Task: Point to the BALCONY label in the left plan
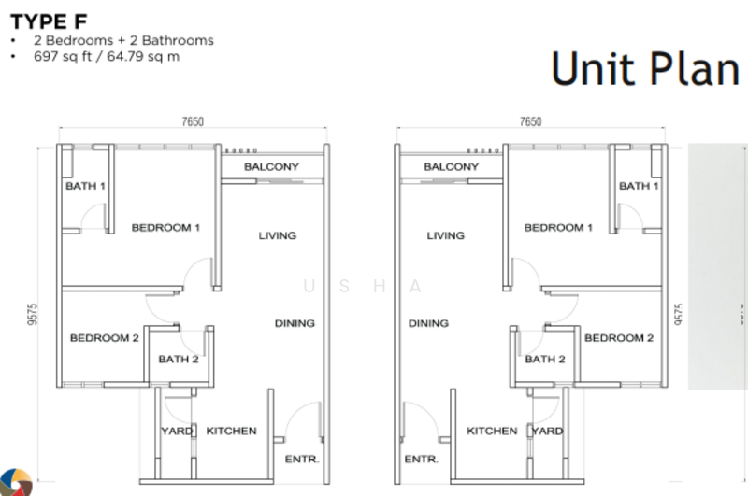point(271,167)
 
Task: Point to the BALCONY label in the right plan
point(451,167)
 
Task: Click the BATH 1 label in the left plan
point(85,186)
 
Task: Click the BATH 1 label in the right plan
point(639,186)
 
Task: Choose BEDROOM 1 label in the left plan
point(165,227)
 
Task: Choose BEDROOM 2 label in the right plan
point(619,338)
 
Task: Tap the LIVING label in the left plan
point(278,235)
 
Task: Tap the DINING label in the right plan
point(428,323)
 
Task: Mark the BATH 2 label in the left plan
point(178,360)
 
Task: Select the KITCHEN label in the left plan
point(231,432)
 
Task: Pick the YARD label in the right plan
point(548,432)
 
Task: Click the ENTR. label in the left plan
point(302,460)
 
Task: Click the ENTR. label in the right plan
point(423,460)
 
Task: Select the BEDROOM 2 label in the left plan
point(104,338)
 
